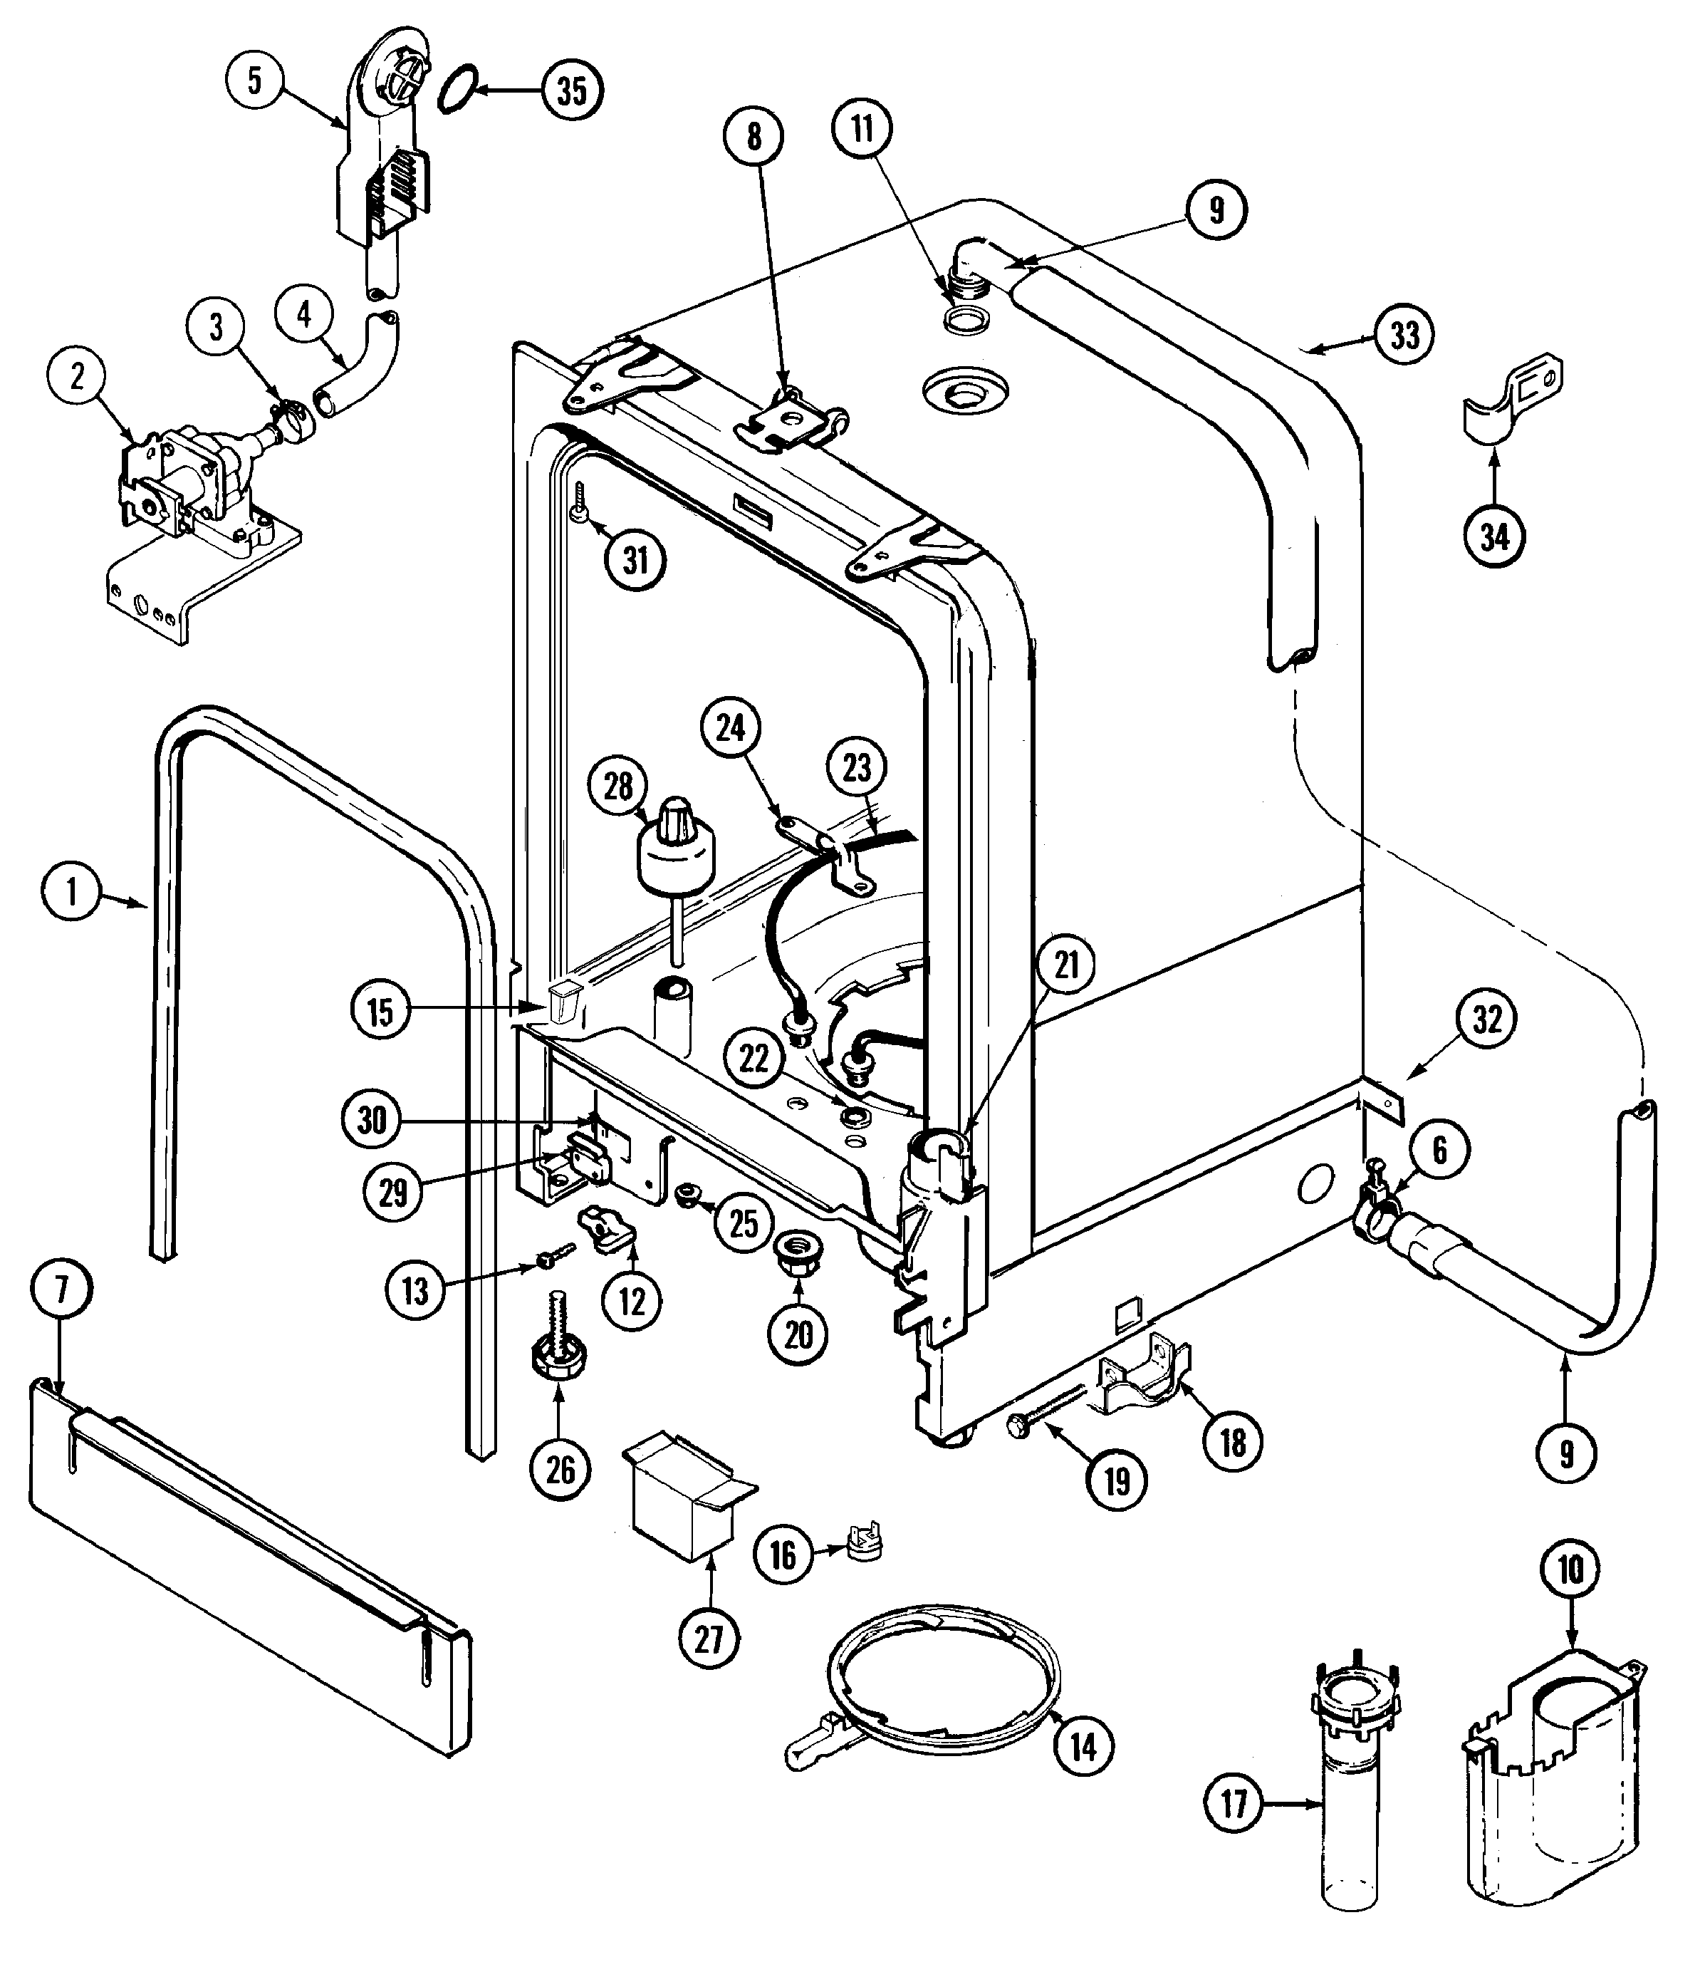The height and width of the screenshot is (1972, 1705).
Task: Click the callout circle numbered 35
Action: (x=572, y=90)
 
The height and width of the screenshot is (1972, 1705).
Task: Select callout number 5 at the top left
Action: (x=255, y=80)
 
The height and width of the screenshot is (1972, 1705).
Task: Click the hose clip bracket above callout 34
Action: (x=1512, y=398)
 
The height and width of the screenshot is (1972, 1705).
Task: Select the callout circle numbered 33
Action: (x=1405, y=335)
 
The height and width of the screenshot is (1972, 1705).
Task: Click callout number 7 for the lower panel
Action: (x=62, y=1289)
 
